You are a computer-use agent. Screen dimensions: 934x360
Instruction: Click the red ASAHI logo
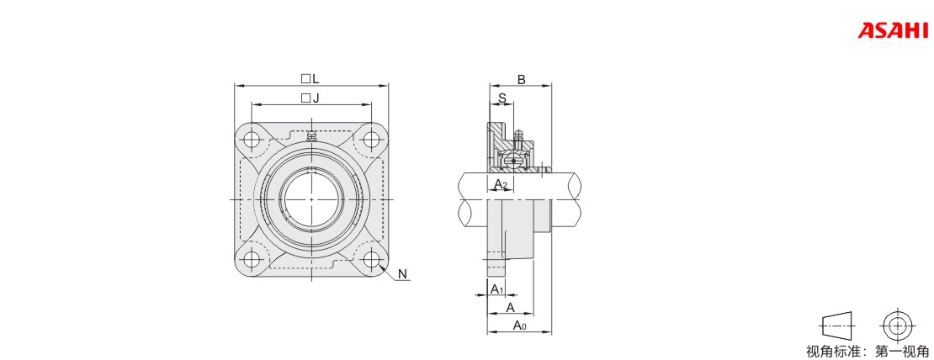(892, 30)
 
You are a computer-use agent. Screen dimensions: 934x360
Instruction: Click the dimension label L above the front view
(316, 78)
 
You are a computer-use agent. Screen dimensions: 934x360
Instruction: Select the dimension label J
(316, 98)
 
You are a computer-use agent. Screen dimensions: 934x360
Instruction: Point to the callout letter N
(403, 273)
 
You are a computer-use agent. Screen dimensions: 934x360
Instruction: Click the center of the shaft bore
(311, 199)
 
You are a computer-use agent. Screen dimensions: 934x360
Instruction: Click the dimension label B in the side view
(521, 80)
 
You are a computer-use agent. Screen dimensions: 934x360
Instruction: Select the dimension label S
(501, 98)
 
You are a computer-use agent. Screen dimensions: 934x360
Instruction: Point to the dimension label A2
(501, 184)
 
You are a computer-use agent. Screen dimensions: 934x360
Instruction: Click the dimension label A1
(496, 289)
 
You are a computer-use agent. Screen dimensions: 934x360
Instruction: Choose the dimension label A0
(519, 325)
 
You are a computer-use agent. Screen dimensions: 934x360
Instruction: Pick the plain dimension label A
(510, 307)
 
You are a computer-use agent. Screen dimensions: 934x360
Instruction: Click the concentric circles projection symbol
(896, 326)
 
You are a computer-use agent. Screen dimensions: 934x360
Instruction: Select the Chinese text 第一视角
(901, 352)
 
